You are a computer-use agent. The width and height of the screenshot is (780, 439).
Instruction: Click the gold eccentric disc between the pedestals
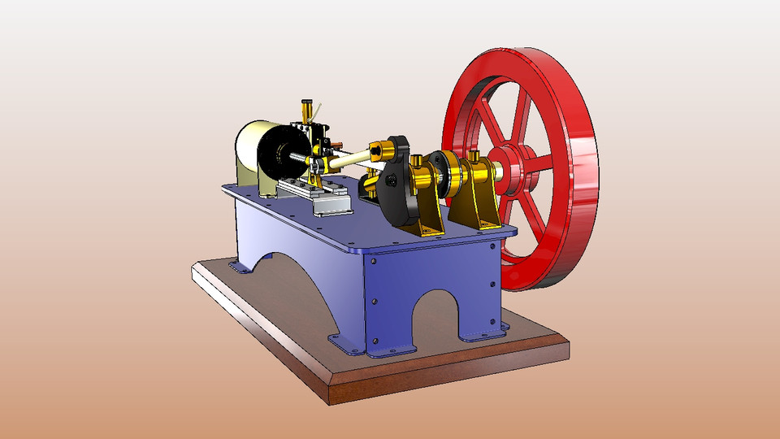coord(446,169)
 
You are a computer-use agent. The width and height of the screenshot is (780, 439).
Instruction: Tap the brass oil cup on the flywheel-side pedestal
coord(474,155)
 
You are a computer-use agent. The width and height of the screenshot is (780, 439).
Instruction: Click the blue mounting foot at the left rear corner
coord(236,267)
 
